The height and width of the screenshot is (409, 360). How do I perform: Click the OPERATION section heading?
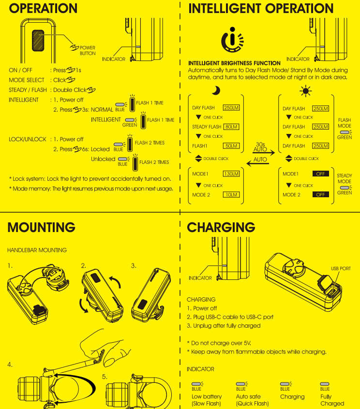[43, 8]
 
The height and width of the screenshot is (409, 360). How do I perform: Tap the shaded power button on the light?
[38, 41]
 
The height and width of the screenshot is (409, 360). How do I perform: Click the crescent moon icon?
[216, 90]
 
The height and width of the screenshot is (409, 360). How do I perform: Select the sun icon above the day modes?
[306, 91]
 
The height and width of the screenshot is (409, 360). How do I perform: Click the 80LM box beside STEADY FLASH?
[231, 127]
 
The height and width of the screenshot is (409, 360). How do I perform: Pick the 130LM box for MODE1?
[231, 174]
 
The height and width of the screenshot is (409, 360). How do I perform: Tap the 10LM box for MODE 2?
[231, 194]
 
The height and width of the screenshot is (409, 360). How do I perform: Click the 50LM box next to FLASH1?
[231, 146]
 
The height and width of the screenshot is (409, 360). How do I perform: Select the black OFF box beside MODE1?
[321, 174]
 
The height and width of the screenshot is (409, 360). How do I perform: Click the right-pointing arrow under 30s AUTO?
[264, 153]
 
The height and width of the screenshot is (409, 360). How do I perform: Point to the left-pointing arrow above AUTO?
[257, 164]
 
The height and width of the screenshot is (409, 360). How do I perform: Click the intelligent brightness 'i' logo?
[232, 40]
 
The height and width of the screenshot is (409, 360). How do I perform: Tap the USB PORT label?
[341, 268]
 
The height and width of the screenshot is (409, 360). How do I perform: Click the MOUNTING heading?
[42, 227]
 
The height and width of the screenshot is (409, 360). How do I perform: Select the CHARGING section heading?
[221, 227]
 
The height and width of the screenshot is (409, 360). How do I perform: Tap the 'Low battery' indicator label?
[207, 397]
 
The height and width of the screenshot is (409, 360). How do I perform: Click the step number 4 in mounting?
[10, 365]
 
